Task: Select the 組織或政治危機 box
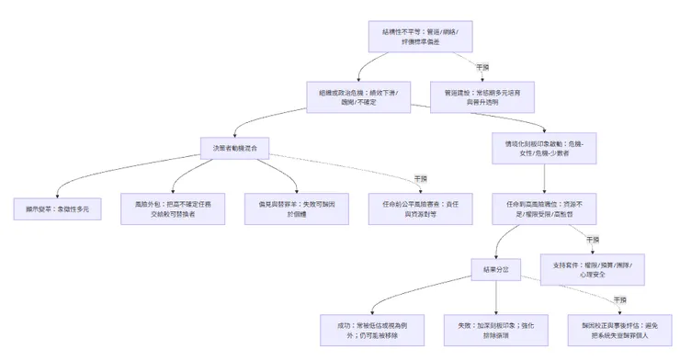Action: coord(357,97)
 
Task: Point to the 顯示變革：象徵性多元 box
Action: coord(57,209)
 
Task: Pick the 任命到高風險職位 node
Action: coord(545,209)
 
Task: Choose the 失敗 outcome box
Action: coord(496,329)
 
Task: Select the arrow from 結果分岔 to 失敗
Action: coord(496,298)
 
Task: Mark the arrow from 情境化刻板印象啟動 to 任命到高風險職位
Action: coord(545,179)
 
